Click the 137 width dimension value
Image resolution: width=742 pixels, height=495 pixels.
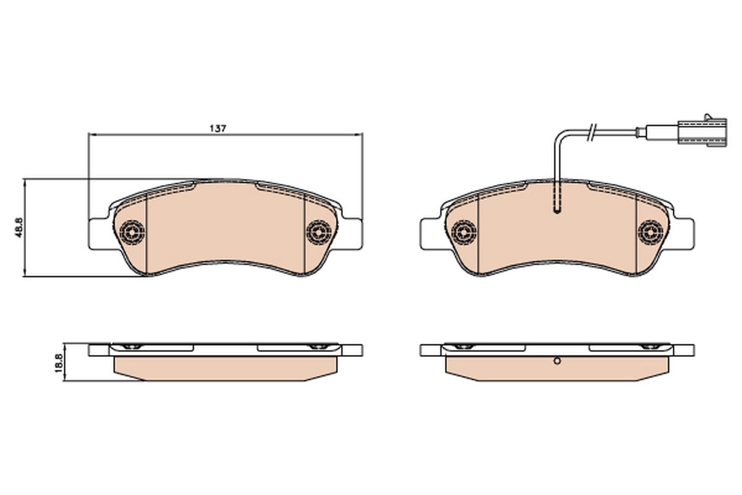pos(217,128)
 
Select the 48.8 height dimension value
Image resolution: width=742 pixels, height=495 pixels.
pos(19,227)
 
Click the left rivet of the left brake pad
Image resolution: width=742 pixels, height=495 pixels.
pos(132,232)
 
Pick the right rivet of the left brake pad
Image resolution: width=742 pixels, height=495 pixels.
pos(318,232)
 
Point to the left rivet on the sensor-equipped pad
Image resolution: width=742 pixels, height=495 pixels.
pos(463,232)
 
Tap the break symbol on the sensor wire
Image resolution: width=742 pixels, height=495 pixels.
pos(592,131)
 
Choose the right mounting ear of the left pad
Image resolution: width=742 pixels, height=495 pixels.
pos(352,234)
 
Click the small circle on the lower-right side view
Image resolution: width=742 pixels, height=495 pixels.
pos(556,362)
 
